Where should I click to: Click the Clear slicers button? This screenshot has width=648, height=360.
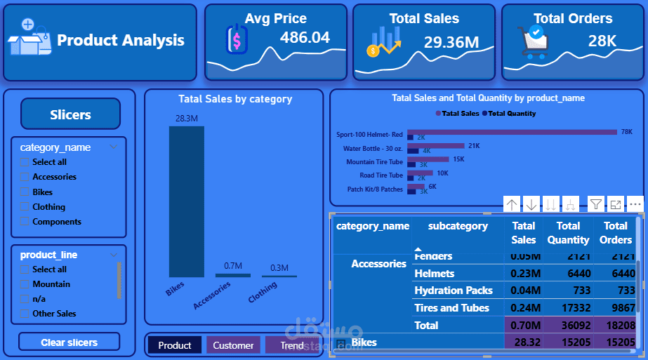point(69,342)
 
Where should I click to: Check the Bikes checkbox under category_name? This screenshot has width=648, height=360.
point(25,192)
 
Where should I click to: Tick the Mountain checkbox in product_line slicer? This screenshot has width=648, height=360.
point(25,284)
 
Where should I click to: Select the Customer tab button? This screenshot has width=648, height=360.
point(233,345)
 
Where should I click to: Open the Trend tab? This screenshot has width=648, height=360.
point(291,345)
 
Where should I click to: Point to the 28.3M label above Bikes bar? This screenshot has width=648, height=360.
point(187,119)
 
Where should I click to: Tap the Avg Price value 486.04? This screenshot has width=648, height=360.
point(305,38)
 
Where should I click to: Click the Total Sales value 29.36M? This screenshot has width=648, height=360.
point(451,42)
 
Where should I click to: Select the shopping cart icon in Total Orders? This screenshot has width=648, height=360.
point(533,41)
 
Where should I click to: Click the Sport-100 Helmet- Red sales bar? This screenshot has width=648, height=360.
point(512,131)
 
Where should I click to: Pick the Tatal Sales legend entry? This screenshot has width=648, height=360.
point(460,113)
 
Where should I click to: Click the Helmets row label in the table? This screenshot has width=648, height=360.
point(435,274)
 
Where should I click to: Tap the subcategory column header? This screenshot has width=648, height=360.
point(458,226)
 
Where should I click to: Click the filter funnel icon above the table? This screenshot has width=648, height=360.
point(595,204)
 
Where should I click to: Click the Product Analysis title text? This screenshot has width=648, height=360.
point(121,41)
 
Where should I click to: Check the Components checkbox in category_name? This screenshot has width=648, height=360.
point(25,222)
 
